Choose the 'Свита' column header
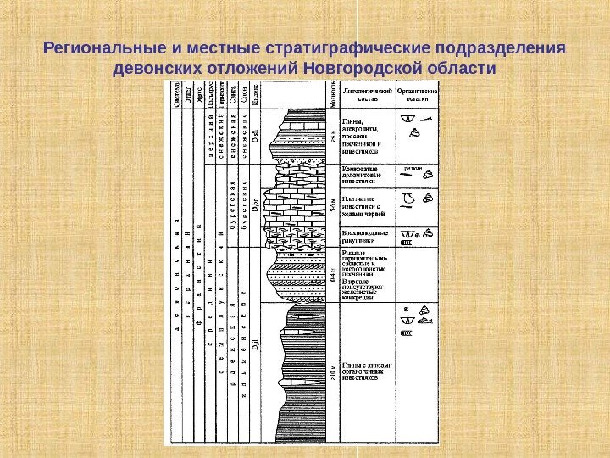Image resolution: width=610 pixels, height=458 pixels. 231,94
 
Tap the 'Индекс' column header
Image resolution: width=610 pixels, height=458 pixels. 255,94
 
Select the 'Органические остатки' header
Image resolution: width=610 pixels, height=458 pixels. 418,93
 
